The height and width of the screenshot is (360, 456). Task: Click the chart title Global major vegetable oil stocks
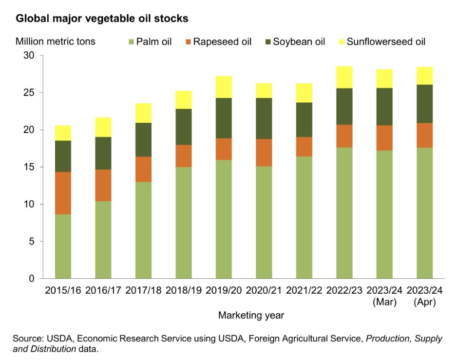102,19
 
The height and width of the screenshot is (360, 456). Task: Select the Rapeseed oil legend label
222,41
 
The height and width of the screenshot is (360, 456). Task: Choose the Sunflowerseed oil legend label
386,41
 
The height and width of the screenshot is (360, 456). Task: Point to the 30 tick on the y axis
29,56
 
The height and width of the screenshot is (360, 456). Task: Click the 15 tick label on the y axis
29,167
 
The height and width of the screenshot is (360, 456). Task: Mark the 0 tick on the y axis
32,279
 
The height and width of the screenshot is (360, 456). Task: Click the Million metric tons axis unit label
56,41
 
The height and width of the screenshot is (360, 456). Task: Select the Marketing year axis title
251,315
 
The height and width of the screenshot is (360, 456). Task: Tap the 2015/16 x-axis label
63,290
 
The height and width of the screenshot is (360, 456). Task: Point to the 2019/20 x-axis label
223,290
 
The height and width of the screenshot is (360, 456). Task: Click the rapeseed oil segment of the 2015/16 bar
63,193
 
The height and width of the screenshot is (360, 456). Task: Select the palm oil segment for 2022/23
344,213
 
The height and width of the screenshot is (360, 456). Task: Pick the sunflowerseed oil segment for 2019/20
223,87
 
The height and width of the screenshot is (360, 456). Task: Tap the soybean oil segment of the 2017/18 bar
143,139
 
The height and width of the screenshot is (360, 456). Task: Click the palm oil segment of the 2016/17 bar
103,240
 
